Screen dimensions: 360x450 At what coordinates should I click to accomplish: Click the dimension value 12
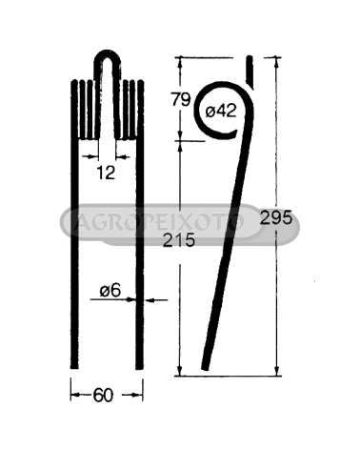click(x=106, y=173)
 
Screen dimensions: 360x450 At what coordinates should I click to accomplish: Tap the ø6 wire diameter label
click(x=110, y=291)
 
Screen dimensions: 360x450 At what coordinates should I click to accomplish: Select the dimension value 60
click(x=103, y=396)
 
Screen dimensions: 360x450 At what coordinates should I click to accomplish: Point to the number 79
click(x=181, y=99)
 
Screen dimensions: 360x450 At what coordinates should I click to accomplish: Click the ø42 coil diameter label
click(x=221, y=111)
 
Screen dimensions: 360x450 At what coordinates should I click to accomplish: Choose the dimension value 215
click(x=179, y=240)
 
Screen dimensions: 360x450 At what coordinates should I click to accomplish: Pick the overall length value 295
click(x=275, y=218)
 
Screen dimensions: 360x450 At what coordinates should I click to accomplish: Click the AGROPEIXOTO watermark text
click(x=158, y=221)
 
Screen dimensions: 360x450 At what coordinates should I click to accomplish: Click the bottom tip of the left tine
click(x=74, y=368)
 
